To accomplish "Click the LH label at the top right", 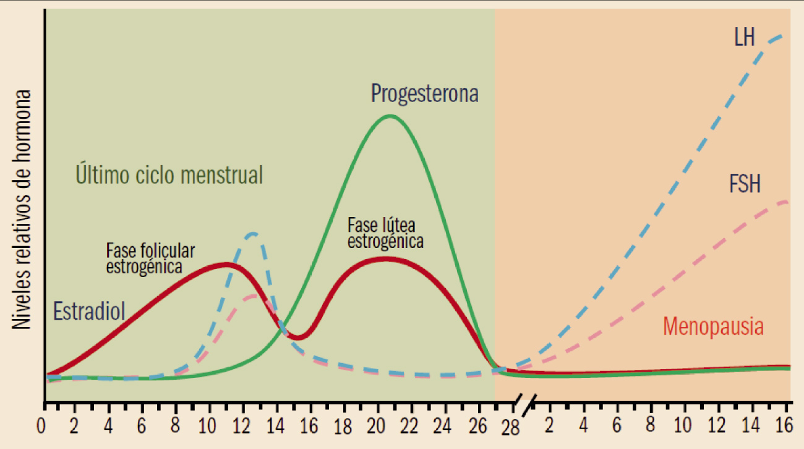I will pos(745,38).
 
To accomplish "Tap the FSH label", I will pos(745,184).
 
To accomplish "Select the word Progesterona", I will pos(425,94).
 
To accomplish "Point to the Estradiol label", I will pos(89,311).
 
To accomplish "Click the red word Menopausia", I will pos(713,326).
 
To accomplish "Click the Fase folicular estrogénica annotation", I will pos(150,259).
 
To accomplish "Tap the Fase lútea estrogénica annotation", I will pos(385,233).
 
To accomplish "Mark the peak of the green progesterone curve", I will pos(389,116).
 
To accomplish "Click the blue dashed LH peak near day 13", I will pos(252,233).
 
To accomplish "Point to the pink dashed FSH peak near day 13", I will pos(252,296).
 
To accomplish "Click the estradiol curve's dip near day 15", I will pos(297,338).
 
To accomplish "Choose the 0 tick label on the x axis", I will pos(42,427).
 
